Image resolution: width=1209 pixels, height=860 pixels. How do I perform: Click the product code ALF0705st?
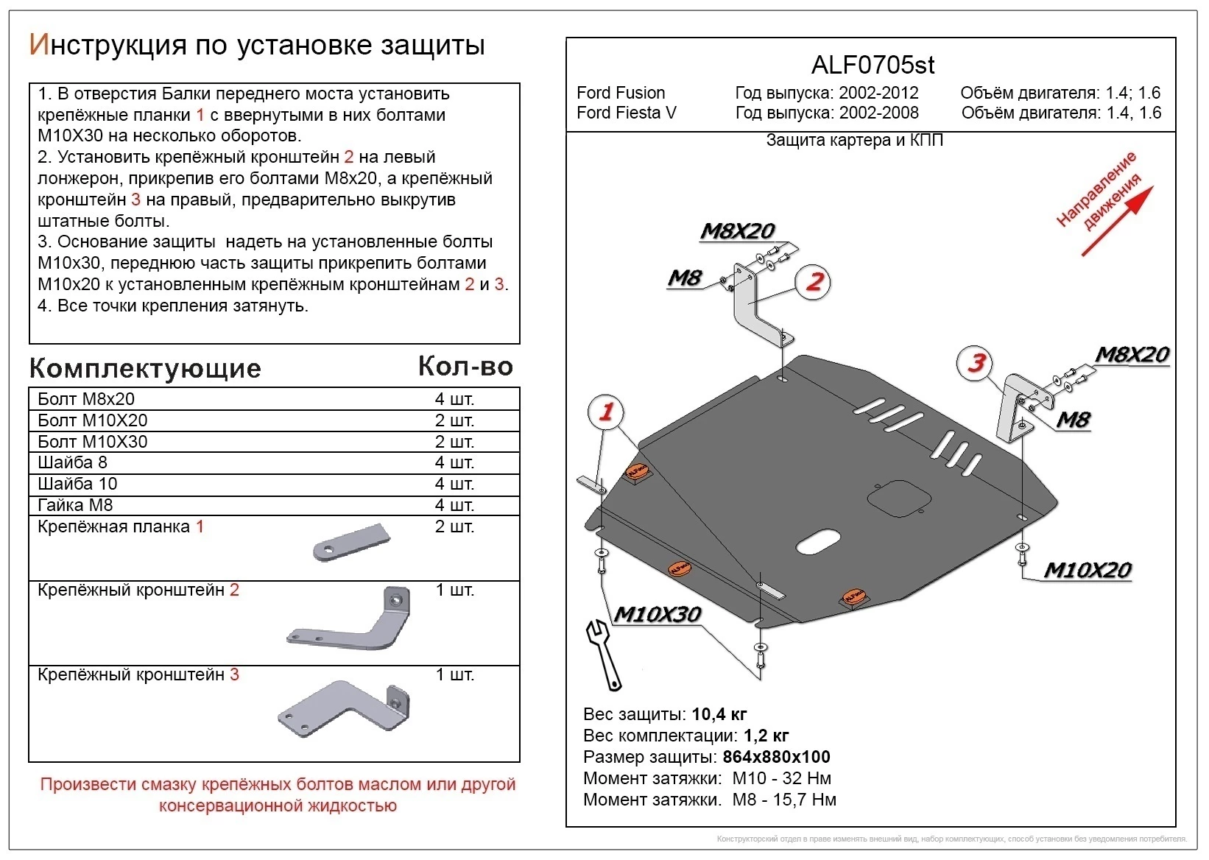tap(873, 66)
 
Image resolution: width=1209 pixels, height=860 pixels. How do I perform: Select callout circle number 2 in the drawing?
tap(814, 281)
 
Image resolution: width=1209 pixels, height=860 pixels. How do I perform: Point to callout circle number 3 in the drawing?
tap(976, 362)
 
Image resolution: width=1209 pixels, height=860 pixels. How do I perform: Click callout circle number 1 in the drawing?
tap(606, 412)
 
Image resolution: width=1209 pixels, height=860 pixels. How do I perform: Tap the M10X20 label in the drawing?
tap(1088, 570)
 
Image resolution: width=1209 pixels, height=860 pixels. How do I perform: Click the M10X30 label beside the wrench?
tap(657, 614)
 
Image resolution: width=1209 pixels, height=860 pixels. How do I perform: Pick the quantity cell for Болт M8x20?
tap(454, 399)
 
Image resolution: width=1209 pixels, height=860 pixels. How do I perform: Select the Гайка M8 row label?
tap(75, 505)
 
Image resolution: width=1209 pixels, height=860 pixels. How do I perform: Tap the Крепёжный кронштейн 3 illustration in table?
tap(345, 708)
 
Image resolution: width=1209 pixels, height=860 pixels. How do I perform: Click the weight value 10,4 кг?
tap(719, 714)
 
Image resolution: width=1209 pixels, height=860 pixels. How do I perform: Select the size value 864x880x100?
tap(776, 757)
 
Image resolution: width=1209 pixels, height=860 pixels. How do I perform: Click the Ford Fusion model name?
tap(621, 93)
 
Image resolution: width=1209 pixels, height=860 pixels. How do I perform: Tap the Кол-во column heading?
tap(465, 366)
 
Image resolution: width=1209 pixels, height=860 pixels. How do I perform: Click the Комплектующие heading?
tap(145, 368)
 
